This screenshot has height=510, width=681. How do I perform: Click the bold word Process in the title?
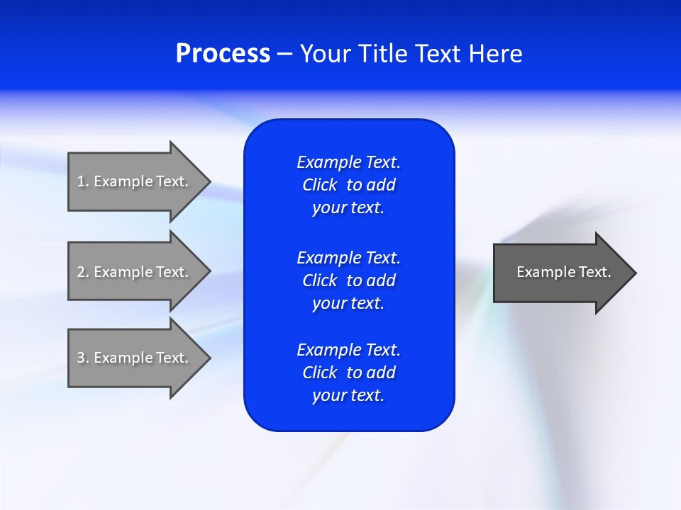(223, 54)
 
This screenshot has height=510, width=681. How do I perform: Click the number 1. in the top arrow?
(83, 181)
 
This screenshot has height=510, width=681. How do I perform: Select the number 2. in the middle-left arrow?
(83, 272)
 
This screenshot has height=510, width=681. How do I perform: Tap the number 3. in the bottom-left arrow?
(83, 358)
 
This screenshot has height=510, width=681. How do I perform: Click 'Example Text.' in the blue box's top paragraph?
(348, 162)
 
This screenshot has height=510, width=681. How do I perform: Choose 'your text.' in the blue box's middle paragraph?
(348, 303)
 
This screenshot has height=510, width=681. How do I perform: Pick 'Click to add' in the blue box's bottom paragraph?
(348, 373)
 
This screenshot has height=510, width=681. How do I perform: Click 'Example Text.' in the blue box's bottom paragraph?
(348, 350)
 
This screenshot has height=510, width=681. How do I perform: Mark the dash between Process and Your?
(284, 54)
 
